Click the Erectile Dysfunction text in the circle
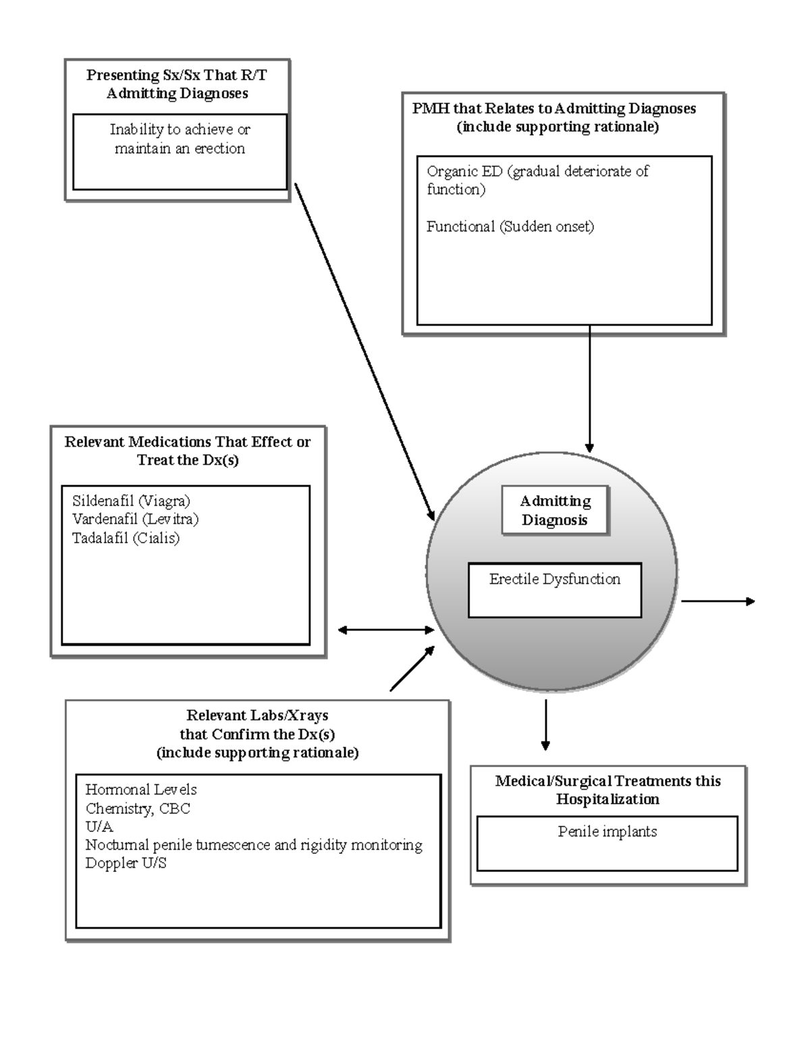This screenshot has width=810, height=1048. click(x=554, y=579)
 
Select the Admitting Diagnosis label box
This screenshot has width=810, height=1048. click(x=555, y=510)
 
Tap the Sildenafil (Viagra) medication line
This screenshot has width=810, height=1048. click(x=131, y=501)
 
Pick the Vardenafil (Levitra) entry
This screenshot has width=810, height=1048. click(x=135, y=519)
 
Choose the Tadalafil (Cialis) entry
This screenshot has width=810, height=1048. click(x=126, y=538)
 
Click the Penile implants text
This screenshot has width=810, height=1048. click(x=607, y=831)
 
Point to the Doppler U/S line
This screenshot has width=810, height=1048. click(x=126, y=862)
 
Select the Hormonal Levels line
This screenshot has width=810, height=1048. click(x=141, y=789)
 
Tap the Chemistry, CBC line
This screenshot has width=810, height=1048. click(x=138, y=808)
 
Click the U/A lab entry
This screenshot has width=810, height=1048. click(x=99, y=826)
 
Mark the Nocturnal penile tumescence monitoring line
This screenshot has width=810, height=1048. click(x=254, y=844)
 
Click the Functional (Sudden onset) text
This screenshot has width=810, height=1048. click(x=510, y=227)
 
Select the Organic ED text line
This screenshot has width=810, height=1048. click(x=537, y=171)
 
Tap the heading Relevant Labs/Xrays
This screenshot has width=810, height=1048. click(x=257, y=715)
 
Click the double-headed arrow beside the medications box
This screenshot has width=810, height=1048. click(x=385, y=630)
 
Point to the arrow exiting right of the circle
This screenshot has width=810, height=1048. click(x=717, y=601)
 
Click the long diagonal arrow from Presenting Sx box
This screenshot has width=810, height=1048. click(x=364, y=351)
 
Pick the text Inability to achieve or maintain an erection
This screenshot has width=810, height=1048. click(x=180, y=138)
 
